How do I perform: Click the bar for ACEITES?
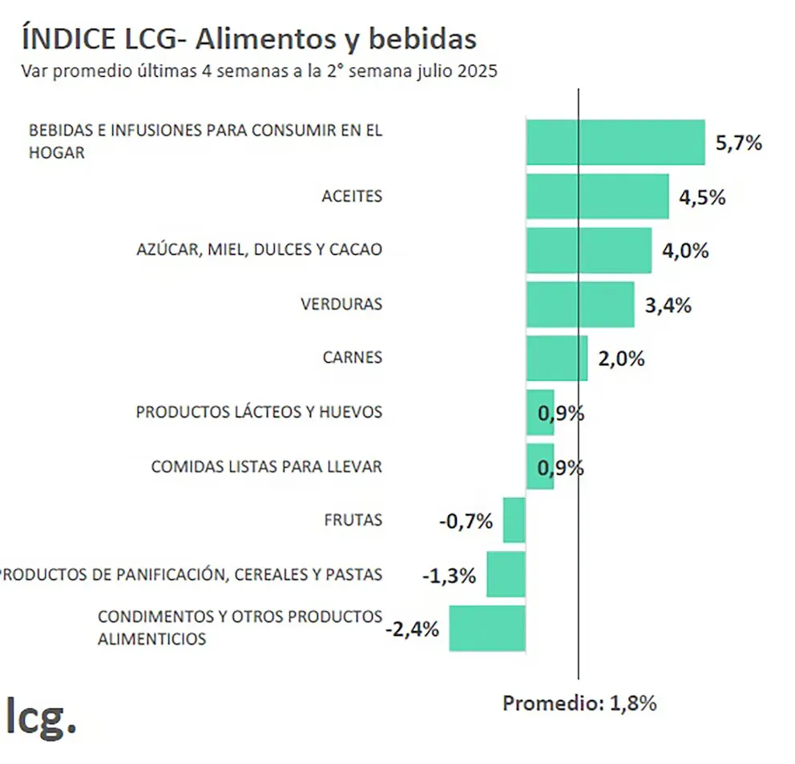pos(597,196)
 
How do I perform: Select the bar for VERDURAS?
pos(580,304)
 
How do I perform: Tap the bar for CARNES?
pos(557,358)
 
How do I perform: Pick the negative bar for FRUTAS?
pos(514,520)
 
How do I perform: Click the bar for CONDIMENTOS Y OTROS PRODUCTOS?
pos(487,628)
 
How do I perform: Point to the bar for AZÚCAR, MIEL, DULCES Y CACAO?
pos(588,250)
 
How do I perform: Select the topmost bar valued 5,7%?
pos(615,143)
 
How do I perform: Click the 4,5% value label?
pos(702,197)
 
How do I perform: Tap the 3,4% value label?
pos(668,305)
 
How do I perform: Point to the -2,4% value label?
pos(412,629)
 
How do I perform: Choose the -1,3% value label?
pos(449,575)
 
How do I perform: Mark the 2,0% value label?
pos(621,359)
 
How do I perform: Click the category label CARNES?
pos(352,358)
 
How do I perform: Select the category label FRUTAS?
pos(353,520)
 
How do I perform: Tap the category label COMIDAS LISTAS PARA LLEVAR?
pos(266,466)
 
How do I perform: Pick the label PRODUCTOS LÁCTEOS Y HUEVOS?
pos(259,412)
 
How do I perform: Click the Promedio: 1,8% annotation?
pos(579,703)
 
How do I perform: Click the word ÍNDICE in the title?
pos(63,38)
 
